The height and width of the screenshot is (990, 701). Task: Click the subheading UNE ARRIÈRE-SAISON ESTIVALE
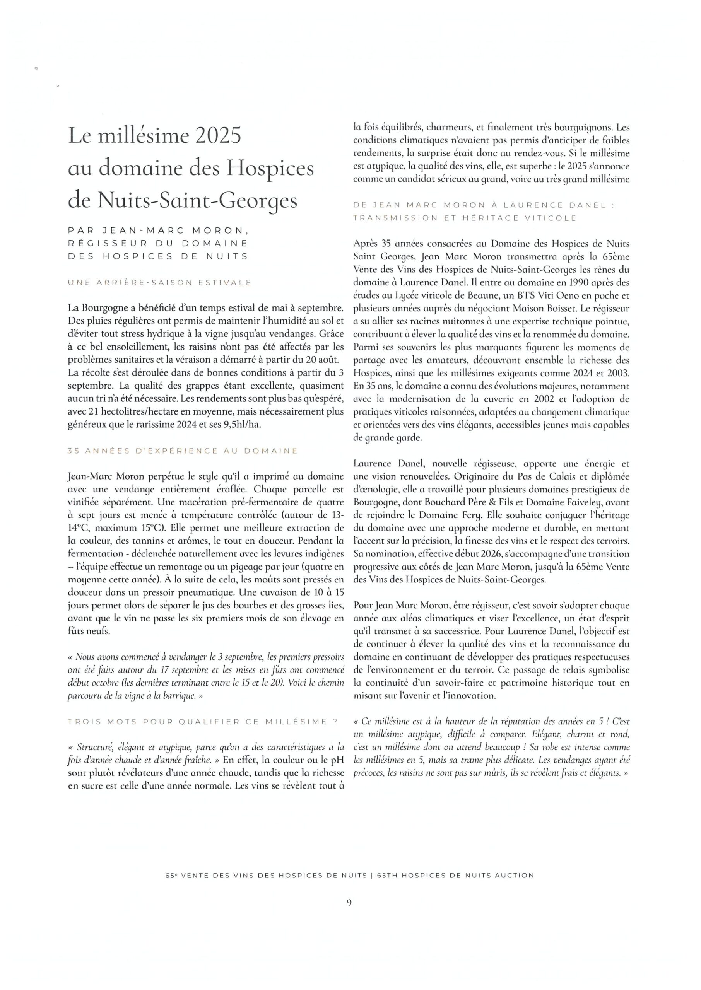159,283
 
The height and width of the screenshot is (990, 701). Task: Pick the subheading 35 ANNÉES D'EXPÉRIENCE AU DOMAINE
183,451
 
